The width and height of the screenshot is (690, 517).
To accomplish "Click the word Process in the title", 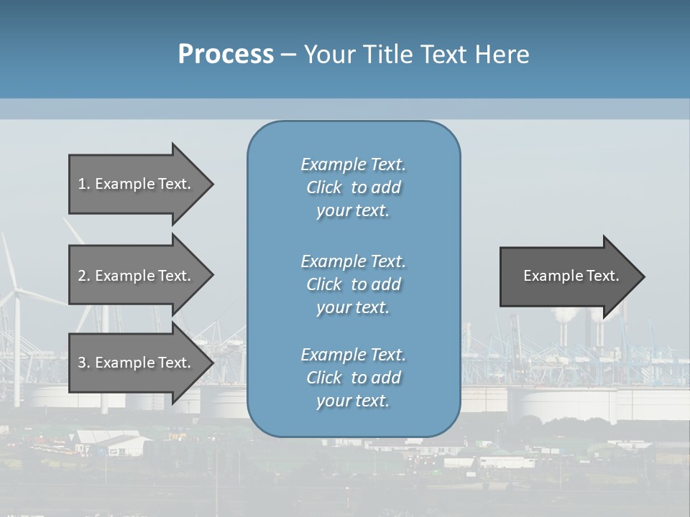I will (x=226, y=54).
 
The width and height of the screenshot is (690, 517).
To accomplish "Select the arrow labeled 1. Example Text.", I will (x=137, y=184).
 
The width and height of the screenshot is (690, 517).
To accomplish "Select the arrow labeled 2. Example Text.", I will (x=137, y=276).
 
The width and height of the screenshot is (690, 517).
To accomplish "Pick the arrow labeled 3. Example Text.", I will (x=137, y=363).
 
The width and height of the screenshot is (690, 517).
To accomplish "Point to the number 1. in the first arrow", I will (x=83, y=184).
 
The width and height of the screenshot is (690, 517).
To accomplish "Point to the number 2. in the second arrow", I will (x=83, y=276).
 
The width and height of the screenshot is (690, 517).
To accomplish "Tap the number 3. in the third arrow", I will (x=83, y=363).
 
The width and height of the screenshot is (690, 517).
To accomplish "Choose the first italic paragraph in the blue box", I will (x=353, y=187).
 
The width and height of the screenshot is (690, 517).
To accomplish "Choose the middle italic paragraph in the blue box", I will (x=353, y=284).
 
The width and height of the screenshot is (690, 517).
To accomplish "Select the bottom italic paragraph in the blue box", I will (x=353, y=378).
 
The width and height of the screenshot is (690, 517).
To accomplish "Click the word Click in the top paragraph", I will (x=323, y=187).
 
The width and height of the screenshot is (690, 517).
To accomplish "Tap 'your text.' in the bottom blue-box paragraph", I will (x=353, y=401).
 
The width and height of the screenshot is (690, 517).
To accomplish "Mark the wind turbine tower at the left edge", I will (x=17, y=352).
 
